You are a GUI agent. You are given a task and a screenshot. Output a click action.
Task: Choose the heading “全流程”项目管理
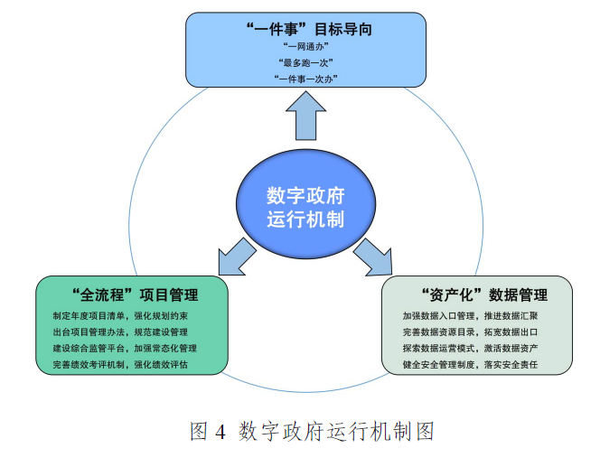point(133,295)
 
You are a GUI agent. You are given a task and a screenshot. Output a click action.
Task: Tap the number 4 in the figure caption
point(220,432)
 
